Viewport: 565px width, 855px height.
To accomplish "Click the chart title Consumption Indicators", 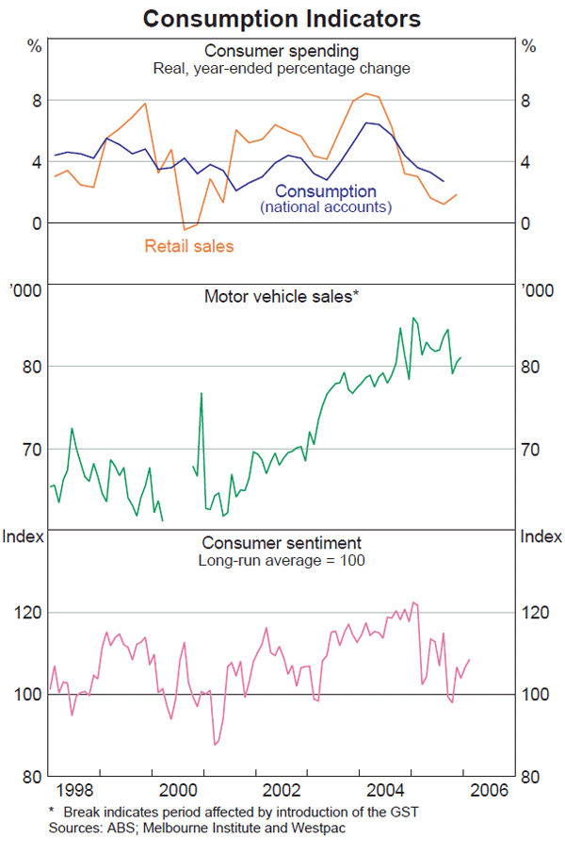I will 282,18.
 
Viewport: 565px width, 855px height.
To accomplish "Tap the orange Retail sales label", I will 188,247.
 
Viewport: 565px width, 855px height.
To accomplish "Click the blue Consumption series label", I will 326,192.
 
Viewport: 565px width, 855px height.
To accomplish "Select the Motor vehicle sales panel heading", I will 282,296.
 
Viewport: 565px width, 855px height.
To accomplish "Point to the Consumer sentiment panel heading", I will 282,543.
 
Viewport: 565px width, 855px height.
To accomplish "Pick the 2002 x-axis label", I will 282,790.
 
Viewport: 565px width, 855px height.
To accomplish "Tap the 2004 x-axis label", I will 387,790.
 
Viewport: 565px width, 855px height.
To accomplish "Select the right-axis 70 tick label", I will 535,449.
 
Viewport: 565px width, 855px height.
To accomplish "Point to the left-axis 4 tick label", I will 36,162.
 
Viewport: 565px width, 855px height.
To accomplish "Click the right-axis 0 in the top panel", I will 527,223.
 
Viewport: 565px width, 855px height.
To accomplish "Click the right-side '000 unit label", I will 540,291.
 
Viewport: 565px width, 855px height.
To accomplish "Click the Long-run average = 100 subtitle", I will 282,560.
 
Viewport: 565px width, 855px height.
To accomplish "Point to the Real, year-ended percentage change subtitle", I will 282,68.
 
